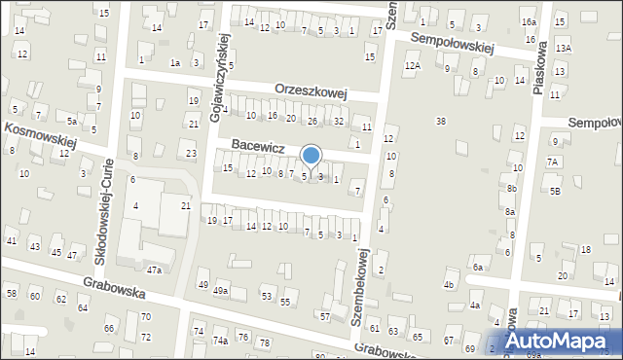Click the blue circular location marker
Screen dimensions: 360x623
(x=311, y=155)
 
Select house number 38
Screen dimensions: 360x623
(x=441, y=122)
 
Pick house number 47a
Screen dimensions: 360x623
(x=154, y=269)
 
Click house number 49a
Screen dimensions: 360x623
(x=221, y=290)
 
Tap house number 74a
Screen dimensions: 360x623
(x=221, y=341)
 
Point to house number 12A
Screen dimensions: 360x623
(x=413, y=65)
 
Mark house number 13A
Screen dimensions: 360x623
(x=563, y=48)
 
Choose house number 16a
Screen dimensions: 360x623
(x=528, y=21)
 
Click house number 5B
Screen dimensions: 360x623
(x=555, y=192)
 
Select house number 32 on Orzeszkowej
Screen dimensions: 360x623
(x=338, y=122)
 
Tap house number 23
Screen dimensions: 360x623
(x=191, y=154)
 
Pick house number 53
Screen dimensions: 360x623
(x=266, y=295)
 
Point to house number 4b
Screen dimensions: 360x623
(x=449, y=285)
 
